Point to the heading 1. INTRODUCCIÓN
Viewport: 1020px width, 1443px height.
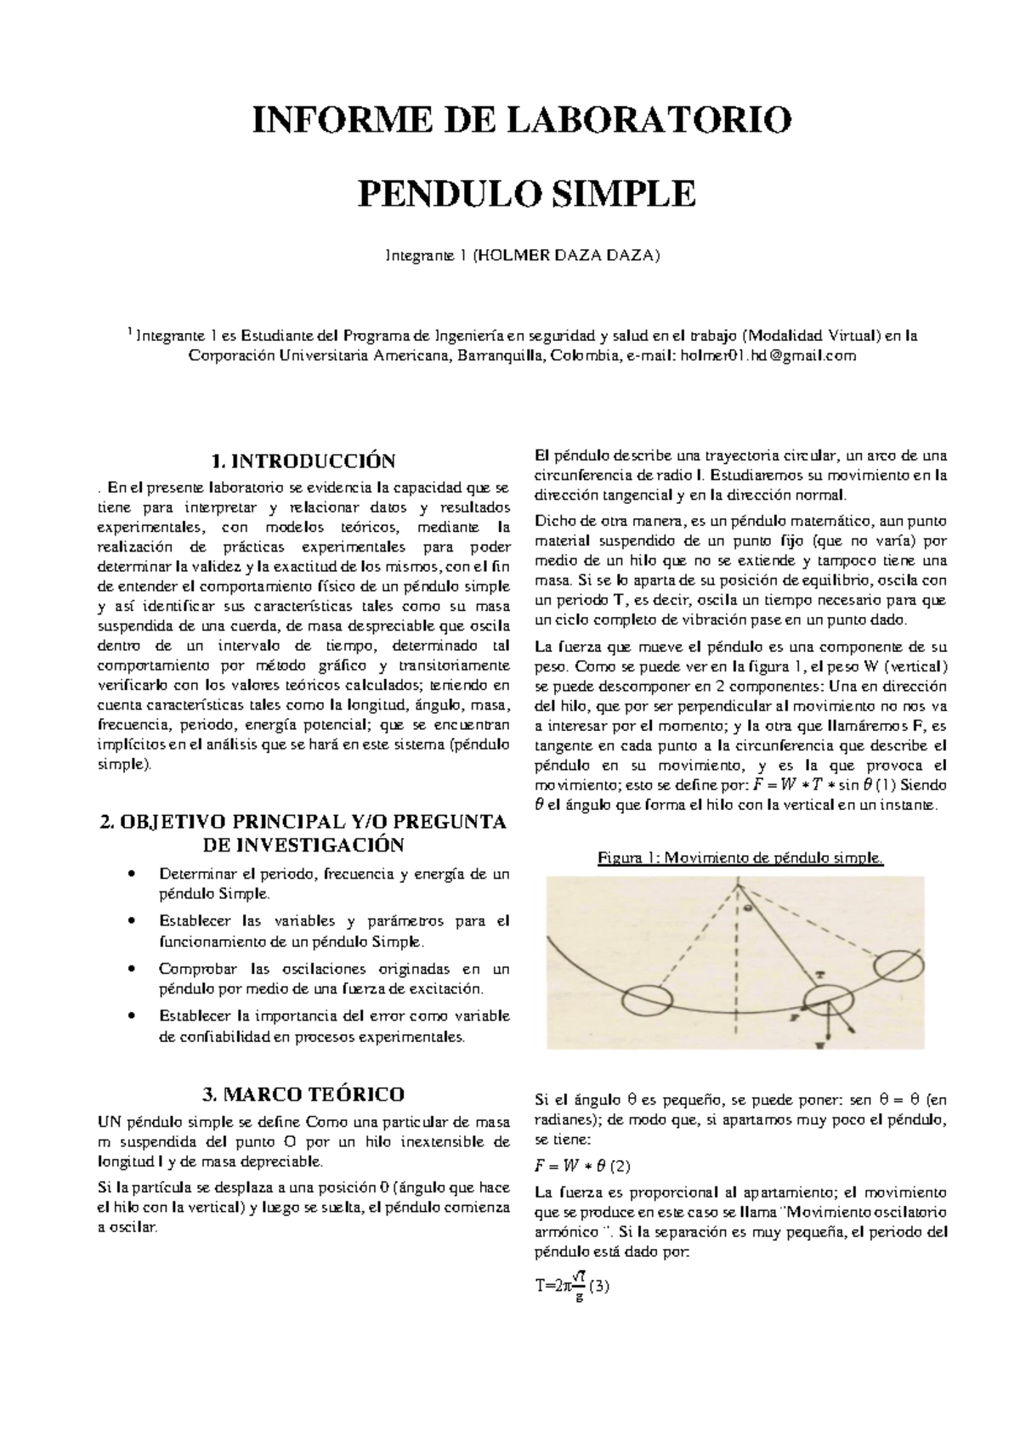tap(303, 461)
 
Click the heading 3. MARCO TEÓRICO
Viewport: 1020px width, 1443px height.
tap(303, 1093)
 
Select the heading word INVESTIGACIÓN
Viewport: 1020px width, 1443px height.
tap(303, 845)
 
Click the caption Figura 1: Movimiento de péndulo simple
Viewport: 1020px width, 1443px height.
tap(740, 858)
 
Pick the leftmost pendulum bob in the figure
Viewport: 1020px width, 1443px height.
tap(648, 999)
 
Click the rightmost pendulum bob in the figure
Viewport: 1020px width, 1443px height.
tap(899, 965)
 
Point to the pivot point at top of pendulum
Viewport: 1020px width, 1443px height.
tap(738, 886)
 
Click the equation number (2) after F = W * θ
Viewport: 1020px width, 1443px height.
tap(620, 1165)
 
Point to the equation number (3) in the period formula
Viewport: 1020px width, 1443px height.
tap(600, 1286)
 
